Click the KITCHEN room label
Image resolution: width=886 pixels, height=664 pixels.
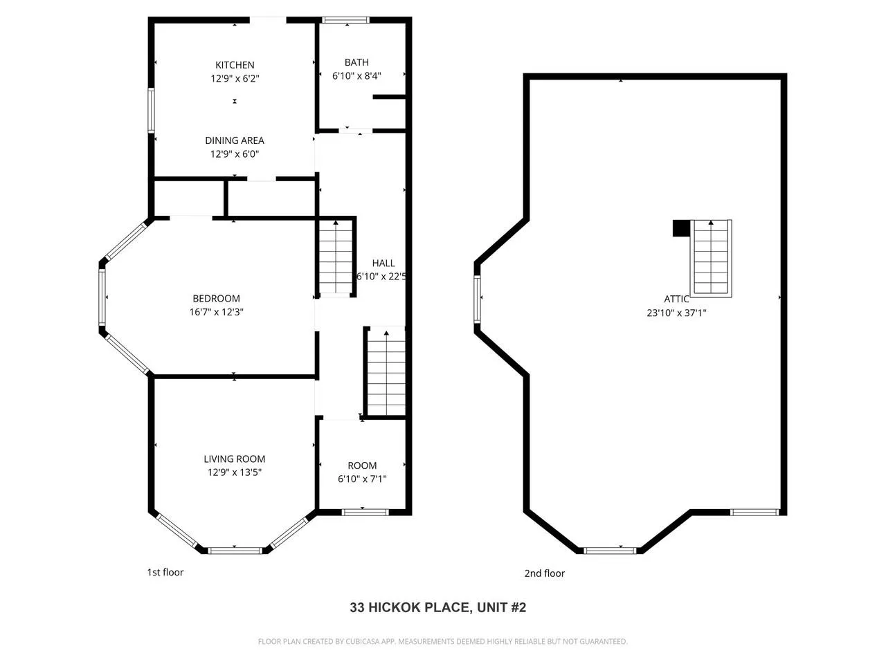click(x=235, y=65)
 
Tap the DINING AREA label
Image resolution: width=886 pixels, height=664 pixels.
click(x=235, y=140)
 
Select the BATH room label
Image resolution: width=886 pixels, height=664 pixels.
click(x=356, y=62)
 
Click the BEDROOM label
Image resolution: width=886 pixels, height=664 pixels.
click(x=217, y=298)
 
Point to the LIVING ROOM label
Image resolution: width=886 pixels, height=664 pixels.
click(x=235, y=459)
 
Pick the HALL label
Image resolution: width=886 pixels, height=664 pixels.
click(x=383, y=264)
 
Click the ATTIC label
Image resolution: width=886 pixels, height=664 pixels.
click(x=676, y=299)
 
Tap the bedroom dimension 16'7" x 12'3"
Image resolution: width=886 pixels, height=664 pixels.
click(x=217, y=312)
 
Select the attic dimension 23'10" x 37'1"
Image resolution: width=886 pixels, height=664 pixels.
click(x=676, y=313)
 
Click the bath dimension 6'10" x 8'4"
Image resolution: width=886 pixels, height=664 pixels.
click(x=356, y=76)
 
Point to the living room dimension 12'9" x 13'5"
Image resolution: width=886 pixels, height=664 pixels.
click(x=235, y=472)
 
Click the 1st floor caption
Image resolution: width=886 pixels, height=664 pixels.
click(x=165, y=572)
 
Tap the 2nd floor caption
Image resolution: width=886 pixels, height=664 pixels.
click(x=545, y=573)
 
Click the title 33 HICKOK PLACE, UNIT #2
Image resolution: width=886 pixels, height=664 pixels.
click(x=438, y=607)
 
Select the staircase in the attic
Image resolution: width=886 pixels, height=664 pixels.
click(x=711, y=259)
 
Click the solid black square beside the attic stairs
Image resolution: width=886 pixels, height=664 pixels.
click(x=681, y=228)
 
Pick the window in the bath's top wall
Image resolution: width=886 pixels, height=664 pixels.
click(x=345, y=20)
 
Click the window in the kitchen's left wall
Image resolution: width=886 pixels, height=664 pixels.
click(x=152, y=111)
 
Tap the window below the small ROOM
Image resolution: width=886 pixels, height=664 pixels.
click(x=365, y=513)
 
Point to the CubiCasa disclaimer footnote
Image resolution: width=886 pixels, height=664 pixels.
click(x=443, y=641)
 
